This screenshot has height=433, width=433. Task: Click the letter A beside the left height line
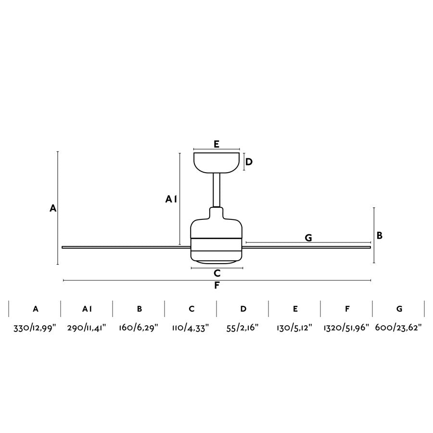click(53, 208)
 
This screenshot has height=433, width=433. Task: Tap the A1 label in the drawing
click(171, 199)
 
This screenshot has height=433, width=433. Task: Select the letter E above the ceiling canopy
click(216, 143)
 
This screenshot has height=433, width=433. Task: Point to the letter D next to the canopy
click(249, 162)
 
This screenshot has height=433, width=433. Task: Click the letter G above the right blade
click(308, 238)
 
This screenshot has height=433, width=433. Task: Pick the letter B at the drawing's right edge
click(380, 236)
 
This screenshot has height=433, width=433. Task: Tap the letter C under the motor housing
click(217, 273)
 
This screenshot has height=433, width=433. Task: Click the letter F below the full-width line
click(217, 285)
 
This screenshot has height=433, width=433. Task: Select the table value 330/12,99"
click(35, 328)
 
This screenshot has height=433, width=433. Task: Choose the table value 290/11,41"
click(87, 328)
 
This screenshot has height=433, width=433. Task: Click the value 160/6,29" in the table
click(139, 328)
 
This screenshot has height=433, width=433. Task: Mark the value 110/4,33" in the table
click(191, 328)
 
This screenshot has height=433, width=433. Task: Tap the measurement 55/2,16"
click(243, 328)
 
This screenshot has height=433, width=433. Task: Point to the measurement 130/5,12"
click(295, 328)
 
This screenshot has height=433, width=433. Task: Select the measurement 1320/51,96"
click(346, 328)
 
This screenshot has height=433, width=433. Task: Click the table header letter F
click(347, 309)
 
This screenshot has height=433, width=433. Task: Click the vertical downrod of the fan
click(216, 190)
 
